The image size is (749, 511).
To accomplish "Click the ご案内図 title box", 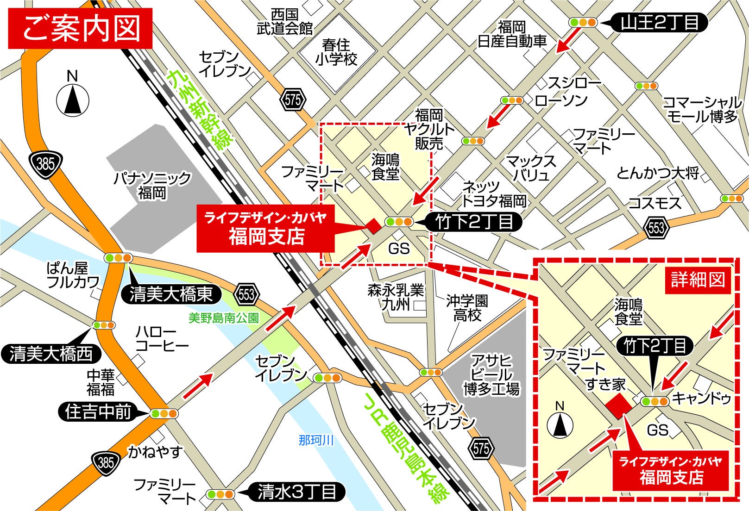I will [x=80, y=28].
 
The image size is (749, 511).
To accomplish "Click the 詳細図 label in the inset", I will [x=698, y=280].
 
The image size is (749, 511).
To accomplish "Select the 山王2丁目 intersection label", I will [x=660, y=22].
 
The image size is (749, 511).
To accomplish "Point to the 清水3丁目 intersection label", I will [x=296, y=492].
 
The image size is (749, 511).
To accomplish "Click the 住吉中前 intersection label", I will [x=98, y=411].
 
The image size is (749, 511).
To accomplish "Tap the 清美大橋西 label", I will [x=51, y=354].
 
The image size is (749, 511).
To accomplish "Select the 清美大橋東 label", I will [x=171, y=294].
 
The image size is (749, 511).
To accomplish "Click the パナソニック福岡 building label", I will [x=152, y=185].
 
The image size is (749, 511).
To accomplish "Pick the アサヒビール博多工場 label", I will [x=491, y=375].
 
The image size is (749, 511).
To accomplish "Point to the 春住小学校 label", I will [x=336, y=52].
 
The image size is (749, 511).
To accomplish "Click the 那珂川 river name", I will [x=316, y=440].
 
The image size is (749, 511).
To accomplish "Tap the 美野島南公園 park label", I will [x=224, y=318].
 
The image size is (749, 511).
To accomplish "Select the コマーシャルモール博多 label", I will [x=701, y=109].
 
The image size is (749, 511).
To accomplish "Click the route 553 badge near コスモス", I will [x=656, y=227].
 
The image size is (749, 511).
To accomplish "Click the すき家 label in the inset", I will [x=605, y=384].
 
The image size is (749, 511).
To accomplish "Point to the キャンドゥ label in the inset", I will [x=701, y=398].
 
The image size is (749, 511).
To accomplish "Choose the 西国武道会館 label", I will [x=284, y=21].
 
